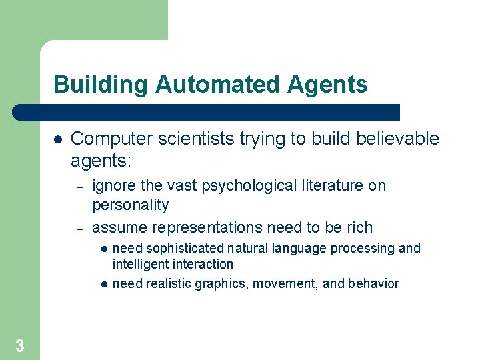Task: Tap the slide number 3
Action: tap(20, 345)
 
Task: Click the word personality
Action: tap(130, 205)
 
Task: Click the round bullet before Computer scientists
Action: tap(57, 139)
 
